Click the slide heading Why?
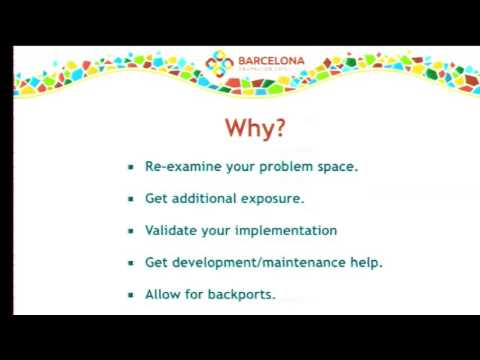[x=254, y=129]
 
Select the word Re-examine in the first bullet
[x=178, y=167]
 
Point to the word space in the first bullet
[x=336, y=167]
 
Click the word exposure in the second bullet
[x=272, y=199]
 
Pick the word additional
[x=203, y=199]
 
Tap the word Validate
[x=170, y=230]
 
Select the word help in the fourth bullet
[x=366, y=263]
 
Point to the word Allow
[x=164, y=295]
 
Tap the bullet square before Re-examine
[x=131, y=167]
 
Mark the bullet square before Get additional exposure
[x=131, y=199]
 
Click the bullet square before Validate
[x=131, y=231]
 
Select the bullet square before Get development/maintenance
[x=131, y=263]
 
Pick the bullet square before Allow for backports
[x=131, y=295]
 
